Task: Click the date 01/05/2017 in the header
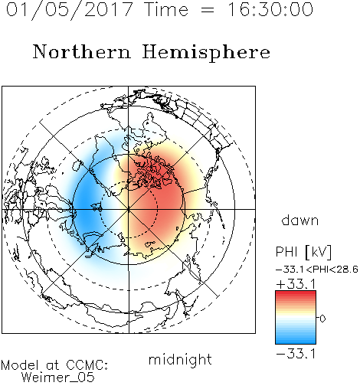pyautogui.click(x=70, y=10)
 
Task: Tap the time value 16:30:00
pyautogui.click(x=270, y=9)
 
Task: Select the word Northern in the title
pyautogui.click(x=82, y=52)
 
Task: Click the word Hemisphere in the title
pyautogui.click(x=206, y=53)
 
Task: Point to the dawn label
pyautogui.click(x=300, y=220)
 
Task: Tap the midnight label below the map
pyautogui.click(x=180, y=360)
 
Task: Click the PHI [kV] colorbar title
pyautogui.click(x=303, y=252)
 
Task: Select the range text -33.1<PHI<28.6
pyautogui.click(x=317, y=270)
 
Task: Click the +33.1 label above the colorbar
pyautogui.click(x=296, y=284)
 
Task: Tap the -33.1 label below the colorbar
pyautogui.click(x=296, y=354)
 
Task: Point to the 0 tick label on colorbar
pyautogui.click(x=322, y=319)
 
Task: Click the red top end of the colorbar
pyautogui.click(x=296, y=293)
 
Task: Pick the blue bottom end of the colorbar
pyautogui.click(x=296, y=342)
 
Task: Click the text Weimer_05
pyautogui.click(x=58, y=378)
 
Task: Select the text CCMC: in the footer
pyautogui.click(x=87, y=365)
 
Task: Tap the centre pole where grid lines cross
pyautogui.click(x=129, y=209)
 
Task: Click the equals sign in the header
pyautogui.click(x=208, y=11)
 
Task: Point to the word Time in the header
pyautogui.click(x=166, y=9)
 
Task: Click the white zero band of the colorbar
pyautogui.click(x=296, y=318)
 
